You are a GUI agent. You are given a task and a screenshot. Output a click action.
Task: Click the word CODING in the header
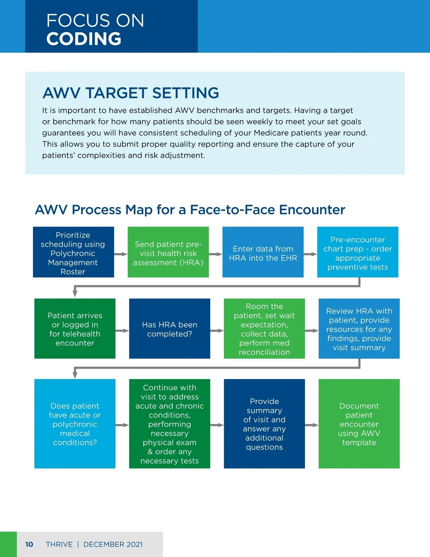(84, 39)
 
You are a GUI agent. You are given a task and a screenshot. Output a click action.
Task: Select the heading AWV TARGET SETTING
(130, 93)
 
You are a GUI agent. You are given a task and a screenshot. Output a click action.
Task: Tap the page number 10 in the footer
(29, 544)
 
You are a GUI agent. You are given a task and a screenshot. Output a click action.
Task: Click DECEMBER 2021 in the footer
(113, 544)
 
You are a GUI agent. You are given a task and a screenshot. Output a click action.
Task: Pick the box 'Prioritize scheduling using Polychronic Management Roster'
(73, 252)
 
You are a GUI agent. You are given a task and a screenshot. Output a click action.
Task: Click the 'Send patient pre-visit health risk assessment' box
(168, 252)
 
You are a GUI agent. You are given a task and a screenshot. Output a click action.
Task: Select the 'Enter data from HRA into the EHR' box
(263, 252)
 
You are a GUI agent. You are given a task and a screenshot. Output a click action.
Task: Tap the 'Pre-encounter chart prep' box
(358, 252)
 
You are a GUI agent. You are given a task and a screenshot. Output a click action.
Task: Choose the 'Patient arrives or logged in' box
(75, 329)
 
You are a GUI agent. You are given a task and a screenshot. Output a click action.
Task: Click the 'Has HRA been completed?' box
(169, 329)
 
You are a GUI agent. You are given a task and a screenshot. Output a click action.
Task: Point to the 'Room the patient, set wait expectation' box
(264, 329)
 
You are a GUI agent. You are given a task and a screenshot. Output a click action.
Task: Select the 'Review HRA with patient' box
(359, 329)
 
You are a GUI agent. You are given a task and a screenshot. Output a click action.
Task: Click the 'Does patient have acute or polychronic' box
(75, 424)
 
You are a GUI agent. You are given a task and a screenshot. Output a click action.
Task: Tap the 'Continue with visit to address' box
(169, 424)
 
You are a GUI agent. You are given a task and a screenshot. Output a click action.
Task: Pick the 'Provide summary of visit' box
(264, 424)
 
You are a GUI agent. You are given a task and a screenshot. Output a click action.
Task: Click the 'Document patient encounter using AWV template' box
(359, 424)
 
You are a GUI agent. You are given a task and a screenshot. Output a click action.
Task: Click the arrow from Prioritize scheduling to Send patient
(121, 254)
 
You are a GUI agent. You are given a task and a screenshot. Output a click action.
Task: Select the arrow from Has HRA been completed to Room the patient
(217, 330)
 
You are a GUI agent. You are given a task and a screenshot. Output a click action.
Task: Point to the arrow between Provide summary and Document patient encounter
(311, 425)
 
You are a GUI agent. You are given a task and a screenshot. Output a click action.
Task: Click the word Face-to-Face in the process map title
(233, 209)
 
